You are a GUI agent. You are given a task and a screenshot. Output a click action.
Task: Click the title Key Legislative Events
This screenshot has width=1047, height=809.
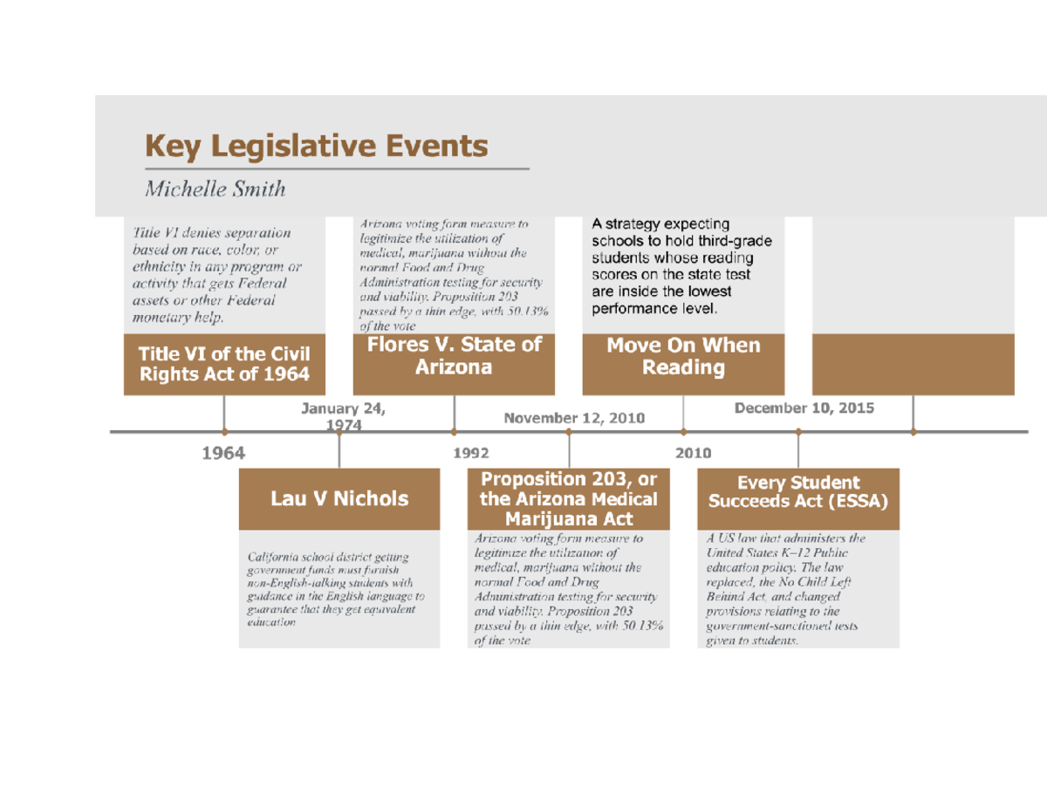click(315, 146)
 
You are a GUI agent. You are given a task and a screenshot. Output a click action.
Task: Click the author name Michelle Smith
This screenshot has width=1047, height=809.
click(215, 189)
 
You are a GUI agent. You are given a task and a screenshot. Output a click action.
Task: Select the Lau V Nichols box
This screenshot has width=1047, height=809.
click(339, 498)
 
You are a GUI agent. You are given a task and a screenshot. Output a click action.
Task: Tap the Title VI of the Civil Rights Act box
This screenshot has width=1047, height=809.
click(224, 364)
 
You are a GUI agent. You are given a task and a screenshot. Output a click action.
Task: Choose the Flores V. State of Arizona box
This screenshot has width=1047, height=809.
click(454, 356)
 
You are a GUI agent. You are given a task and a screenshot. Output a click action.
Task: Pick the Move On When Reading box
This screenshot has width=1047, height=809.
click(683, 356)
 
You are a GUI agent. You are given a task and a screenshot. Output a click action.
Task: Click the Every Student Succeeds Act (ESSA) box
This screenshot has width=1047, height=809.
click(797, 492)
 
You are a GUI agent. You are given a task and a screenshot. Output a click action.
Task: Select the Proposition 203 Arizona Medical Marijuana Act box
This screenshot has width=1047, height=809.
click(569, 499)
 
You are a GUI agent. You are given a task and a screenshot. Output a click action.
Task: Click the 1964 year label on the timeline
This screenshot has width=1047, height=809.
click(223, 453)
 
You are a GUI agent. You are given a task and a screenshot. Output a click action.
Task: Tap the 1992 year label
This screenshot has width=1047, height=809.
click(471, 453)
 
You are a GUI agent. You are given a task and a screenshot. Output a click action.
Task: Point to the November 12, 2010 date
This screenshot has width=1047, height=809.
click(574, 418)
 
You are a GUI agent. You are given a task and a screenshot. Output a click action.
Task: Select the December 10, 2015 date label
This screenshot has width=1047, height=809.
click(804, 408)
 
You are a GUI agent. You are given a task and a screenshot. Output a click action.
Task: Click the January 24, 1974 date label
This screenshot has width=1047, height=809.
click(342, 416)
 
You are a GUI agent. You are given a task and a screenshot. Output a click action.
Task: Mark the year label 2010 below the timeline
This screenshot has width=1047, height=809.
click(694, 453)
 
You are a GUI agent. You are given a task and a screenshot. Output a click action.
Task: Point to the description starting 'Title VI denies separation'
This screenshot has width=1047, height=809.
click(217, 275)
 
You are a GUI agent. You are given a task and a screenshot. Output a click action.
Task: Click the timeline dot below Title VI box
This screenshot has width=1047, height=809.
click(225, 431)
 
